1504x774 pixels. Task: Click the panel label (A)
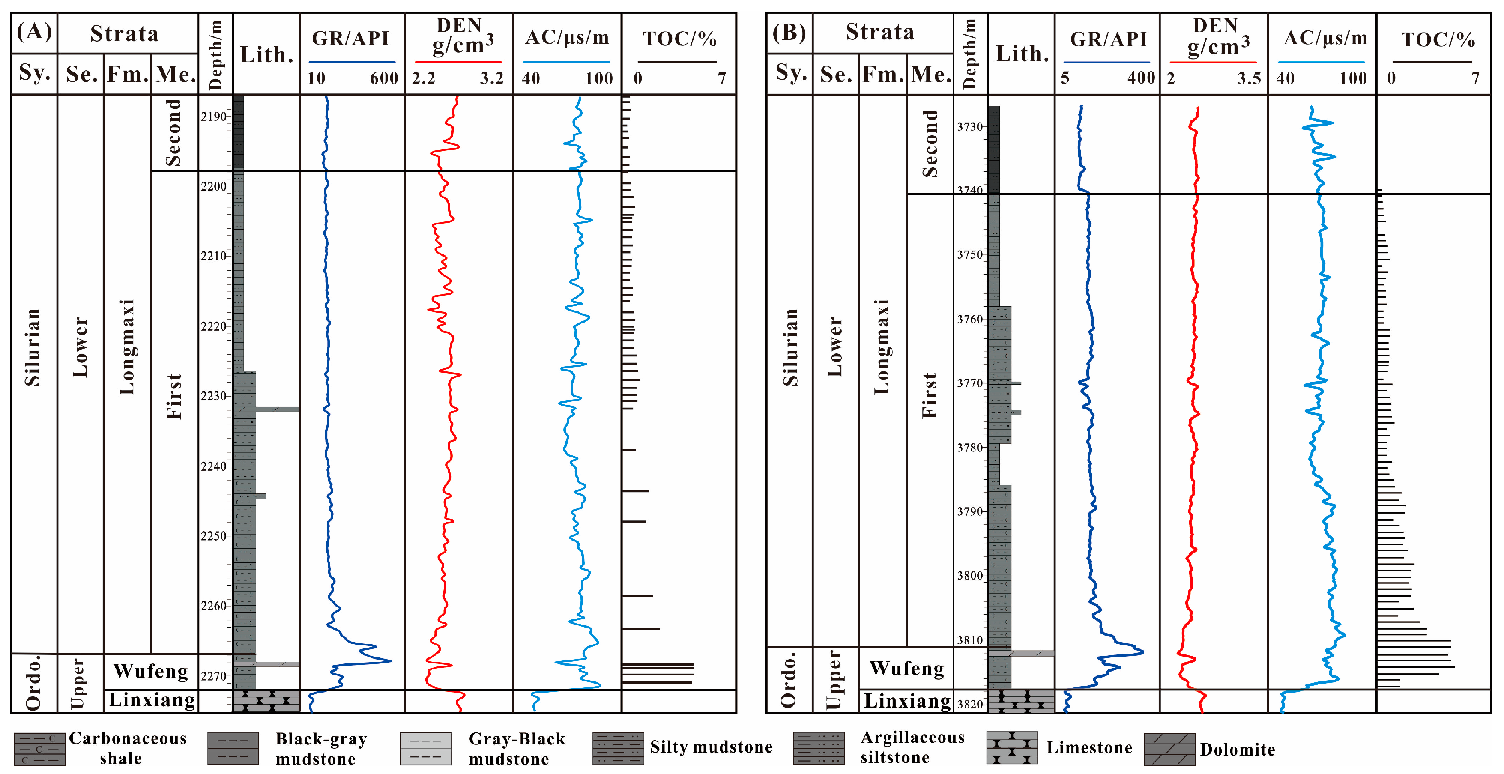34,32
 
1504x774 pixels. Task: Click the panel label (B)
789,32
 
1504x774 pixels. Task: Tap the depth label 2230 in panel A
213,396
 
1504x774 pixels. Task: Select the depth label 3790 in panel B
970,512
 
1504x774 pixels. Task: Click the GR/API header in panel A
350,39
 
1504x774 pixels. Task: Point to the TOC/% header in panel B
1438,40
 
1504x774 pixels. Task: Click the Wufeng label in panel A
151,671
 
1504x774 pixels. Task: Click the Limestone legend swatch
1012,748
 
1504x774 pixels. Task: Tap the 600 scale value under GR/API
383,78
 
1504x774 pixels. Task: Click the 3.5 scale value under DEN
1249,78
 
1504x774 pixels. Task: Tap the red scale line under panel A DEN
458,62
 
